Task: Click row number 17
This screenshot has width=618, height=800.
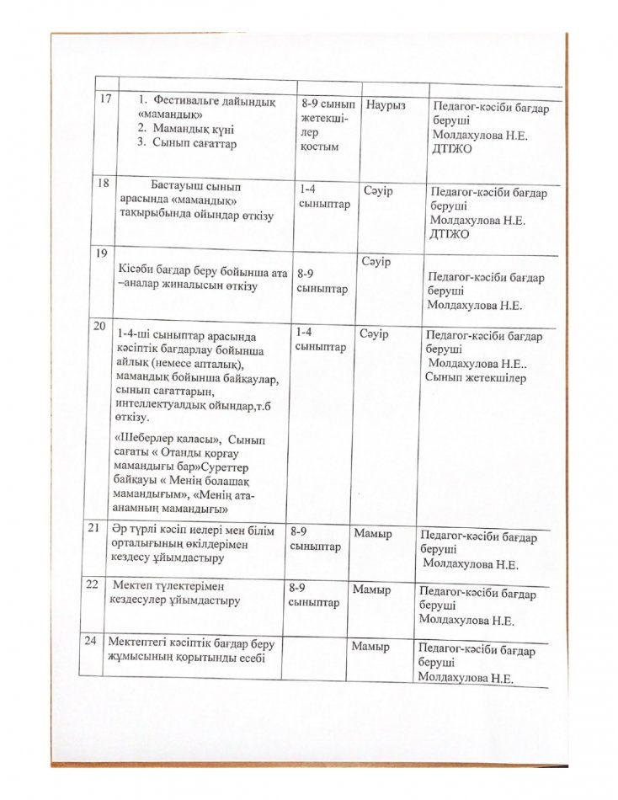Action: point(105,100)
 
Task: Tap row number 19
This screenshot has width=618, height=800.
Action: point(104,253)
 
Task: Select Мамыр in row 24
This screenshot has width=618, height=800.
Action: point(372,648)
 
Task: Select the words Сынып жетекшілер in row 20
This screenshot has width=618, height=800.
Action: point(476,378)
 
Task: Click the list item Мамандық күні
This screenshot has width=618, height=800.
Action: point(193,129)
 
